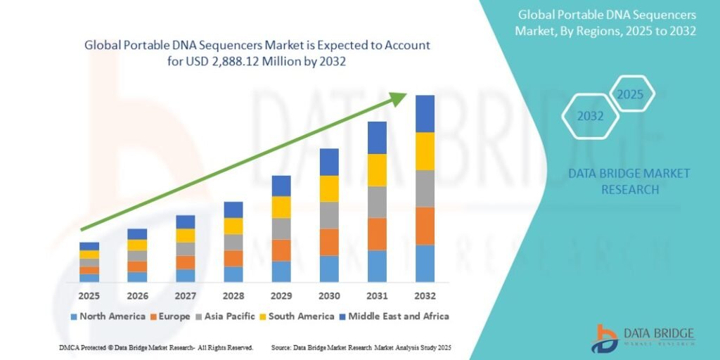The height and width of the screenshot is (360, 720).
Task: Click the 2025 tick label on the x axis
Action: point(89,295)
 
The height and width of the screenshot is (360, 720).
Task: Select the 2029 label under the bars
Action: point(281,295)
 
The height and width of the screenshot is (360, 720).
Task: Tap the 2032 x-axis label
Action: point(425,295)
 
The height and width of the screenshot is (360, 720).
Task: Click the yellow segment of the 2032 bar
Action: point(425,151)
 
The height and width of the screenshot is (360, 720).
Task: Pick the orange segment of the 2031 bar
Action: point(377,234)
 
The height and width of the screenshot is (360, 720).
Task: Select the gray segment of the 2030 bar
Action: point(329,215)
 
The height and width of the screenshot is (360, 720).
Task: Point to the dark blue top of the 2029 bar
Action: point(281,186)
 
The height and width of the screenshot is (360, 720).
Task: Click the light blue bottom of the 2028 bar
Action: point(233,274)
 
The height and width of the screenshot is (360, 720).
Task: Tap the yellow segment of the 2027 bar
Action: point(186,236)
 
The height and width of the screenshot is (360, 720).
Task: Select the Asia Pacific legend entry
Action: point(230,316)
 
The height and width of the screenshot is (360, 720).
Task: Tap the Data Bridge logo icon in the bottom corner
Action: point(604,338)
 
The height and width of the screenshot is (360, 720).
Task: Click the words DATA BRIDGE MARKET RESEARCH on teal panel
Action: point(629,181)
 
